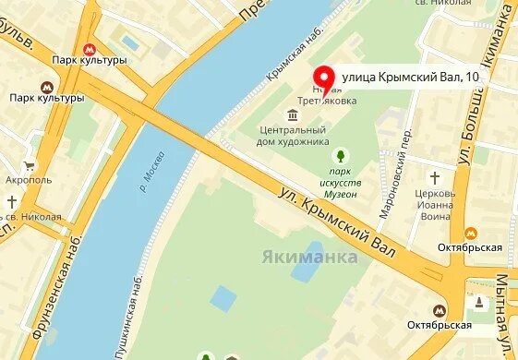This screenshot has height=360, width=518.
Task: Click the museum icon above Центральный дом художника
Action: tap(293, 115)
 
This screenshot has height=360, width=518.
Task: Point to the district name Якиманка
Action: tap(309, 257)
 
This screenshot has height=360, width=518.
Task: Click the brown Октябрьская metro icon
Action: tap(440, 311)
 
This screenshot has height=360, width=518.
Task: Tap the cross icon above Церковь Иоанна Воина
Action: tap(434, 177)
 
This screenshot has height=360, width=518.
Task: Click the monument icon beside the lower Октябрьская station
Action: tap(478, 303)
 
